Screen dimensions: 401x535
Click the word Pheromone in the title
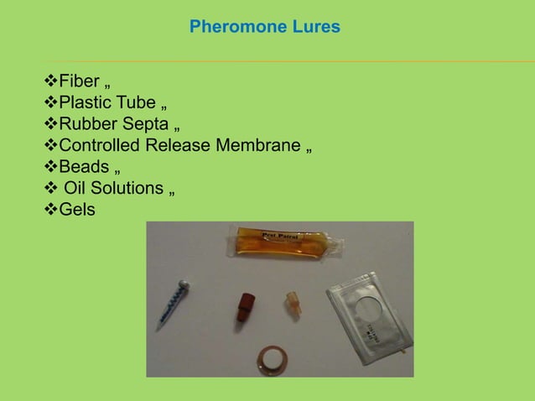(231, 27)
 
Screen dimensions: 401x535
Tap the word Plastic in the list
(86, 103)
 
